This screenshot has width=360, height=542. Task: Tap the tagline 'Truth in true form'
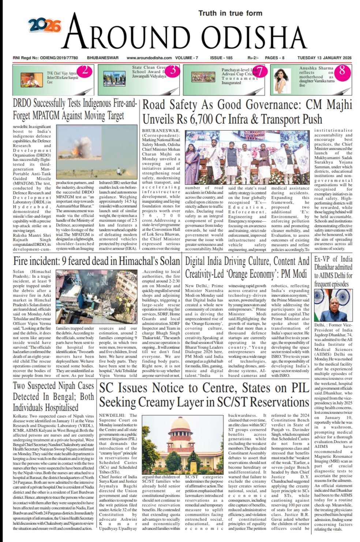click(230, 13)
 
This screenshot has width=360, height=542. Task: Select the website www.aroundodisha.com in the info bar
click(149, 58)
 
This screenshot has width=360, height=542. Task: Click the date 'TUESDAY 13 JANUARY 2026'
click(324, 58)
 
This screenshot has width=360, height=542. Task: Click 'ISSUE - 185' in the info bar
click(221, 58)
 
